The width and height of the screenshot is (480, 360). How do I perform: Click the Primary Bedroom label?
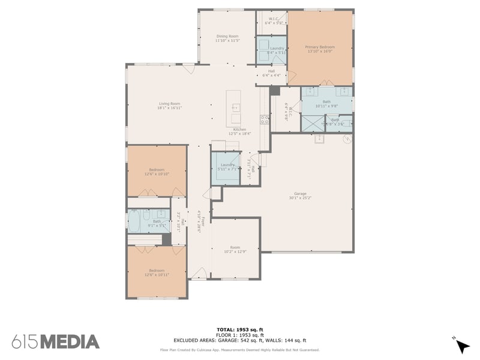click(319, 47)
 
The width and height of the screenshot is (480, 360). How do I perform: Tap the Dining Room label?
click(228, 36)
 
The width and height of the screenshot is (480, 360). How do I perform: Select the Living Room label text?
click(169, 104)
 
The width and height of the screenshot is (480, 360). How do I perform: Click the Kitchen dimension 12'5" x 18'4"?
click(239, 134)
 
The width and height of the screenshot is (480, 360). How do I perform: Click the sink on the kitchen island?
click(236, 108)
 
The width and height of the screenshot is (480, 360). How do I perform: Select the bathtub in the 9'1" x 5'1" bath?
click(134, 222)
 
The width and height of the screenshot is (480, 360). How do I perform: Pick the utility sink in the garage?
click(320, 139)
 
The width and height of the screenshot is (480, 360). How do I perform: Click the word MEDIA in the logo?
click(70, 342)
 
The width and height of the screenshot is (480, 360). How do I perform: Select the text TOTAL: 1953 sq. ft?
click(239, 330)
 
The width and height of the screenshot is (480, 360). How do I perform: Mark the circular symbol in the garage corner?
click(346, 139)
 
